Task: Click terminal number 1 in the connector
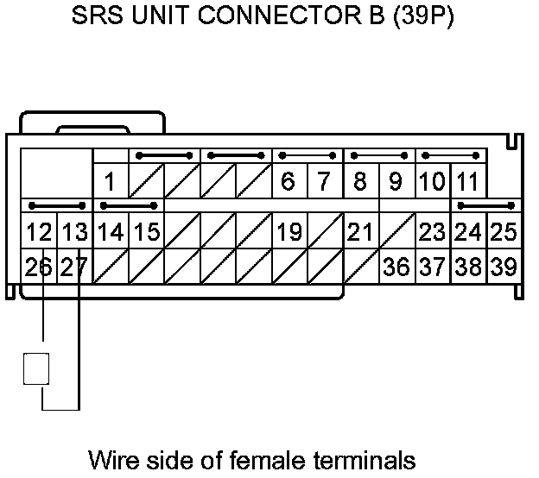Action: tap(111, 182)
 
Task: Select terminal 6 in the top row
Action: tap(289, 182)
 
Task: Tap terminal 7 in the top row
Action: tap(324, 182)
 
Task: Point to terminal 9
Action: tap(396, 182)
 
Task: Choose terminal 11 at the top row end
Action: tap(467, 182)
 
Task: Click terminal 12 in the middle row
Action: tap(39, 232)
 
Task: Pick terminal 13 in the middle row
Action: tap(75, 232)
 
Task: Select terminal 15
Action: tap(147, 232)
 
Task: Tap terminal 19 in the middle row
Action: tap(289, 232)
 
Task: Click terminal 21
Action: tap(360, 232)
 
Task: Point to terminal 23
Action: tap(432, 232)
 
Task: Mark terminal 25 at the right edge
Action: tap(503, 232)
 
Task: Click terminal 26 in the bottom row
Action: tap(39, 267)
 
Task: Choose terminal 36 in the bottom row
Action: tap(396, 267)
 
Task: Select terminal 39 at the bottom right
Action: tap(503, 267)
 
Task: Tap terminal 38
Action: tap(467, 267)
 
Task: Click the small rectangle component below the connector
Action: tap(35, 368)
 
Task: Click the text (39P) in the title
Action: tap(424, 18)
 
